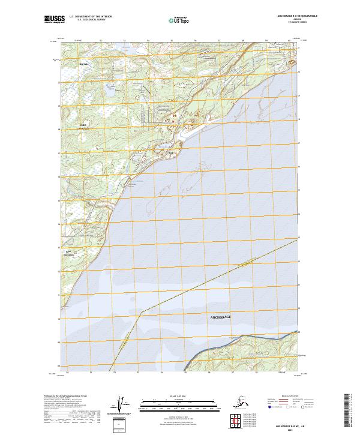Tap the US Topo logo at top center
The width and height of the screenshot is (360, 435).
pyautogui.click(x=175, y=20)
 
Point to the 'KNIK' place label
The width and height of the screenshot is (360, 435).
pyautogui.click(x=83, y=125)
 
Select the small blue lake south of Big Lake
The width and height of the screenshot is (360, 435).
pyautogui.click(x=111, y=93)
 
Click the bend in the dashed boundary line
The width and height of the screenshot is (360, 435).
pyautogui.click(x=142, y=311)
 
